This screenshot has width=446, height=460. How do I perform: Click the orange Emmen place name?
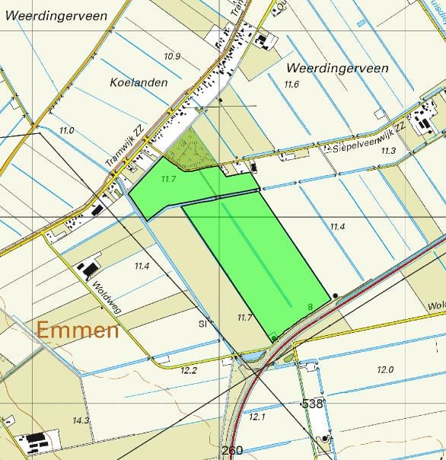(x=78, y=331)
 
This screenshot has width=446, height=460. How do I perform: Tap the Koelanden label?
(x=138, y=82)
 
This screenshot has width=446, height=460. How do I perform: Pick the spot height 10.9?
(x=172, y=57)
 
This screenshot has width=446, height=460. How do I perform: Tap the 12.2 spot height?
(x=188, y=370)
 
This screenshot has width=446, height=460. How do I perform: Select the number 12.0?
(x=385, y=369)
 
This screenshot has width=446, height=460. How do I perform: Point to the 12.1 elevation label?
(x=257, y=416)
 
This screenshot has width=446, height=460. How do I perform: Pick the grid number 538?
(x=313, y=404)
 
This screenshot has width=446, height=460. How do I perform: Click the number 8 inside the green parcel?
(x=310, y=307)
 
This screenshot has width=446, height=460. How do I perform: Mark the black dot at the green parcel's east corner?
(x=335, y=295)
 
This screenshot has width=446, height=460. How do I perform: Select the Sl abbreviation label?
(x=203, y=324)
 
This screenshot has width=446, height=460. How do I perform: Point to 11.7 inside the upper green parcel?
(x=169, y=179)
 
